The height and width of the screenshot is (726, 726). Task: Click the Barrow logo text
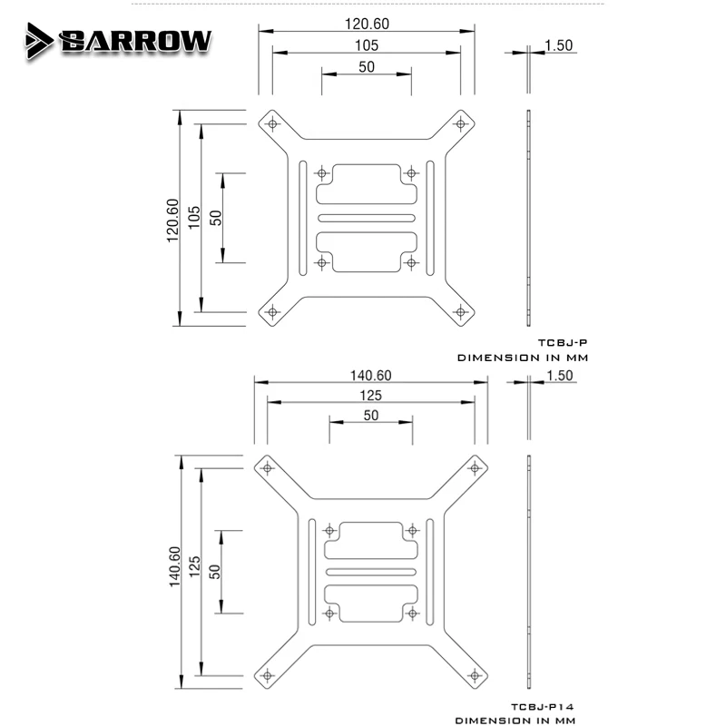[x=135, y=42]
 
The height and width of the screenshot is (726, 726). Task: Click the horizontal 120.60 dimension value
[x=367, y=24]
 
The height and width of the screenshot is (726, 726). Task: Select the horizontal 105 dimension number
[x=367, y=45]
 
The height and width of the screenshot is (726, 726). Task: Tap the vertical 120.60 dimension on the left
[x=172, y=221]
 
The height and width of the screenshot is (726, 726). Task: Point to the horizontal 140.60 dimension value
[x=371, y=375]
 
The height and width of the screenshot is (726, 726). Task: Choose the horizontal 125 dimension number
[x=371, y=396]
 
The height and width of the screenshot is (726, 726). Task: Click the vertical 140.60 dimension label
[x=174, y=566]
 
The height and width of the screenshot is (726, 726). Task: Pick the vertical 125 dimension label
[x=194, y=566]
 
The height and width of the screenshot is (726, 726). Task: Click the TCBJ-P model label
[x=563, y=343]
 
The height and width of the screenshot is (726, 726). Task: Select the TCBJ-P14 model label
[x=543, y=707]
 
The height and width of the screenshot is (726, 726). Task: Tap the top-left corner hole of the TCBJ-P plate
[x=272, y=123]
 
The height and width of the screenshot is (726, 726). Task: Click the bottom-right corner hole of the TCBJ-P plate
[x=460, y=312]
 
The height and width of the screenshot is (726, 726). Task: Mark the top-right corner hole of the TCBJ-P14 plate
[x=475, y=468]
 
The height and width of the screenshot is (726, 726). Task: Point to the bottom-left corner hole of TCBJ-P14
[x=267, y=675]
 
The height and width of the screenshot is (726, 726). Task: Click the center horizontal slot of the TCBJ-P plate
[x=367, y=218]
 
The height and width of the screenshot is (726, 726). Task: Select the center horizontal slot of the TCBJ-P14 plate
[x=371, y=572]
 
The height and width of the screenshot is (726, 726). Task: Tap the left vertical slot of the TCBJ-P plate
[x=303, y=218]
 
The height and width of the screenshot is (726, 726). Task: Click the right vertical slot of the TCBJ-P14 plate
[x=429, y=572]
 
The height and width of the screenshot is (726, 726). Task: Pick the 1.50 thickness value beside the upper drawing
[x=559, y=45]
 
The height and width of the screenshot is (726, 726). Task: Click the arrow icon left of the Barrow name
[x=39, y=41]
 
